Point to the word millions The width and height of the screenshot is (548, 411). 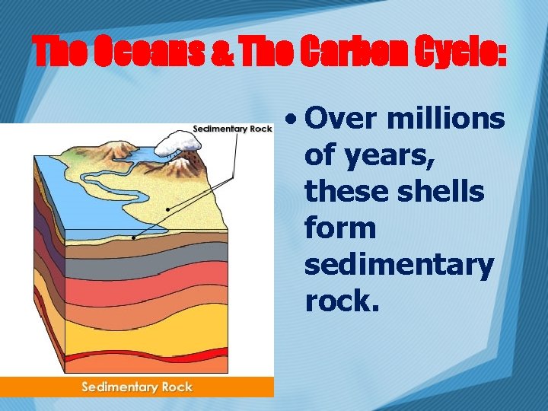[445, 119]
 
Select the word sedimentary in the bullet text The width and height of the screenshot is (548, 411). [399, 265]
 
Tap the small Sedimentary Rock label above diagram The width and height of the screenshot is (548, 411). [232, 129]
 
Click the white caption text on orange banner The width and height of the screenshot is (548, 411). [137, 387]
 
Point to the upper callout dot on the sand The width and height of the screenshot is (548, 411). [167, 209]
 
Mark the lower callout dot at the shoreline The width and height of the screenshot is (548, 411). [132, 237]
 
